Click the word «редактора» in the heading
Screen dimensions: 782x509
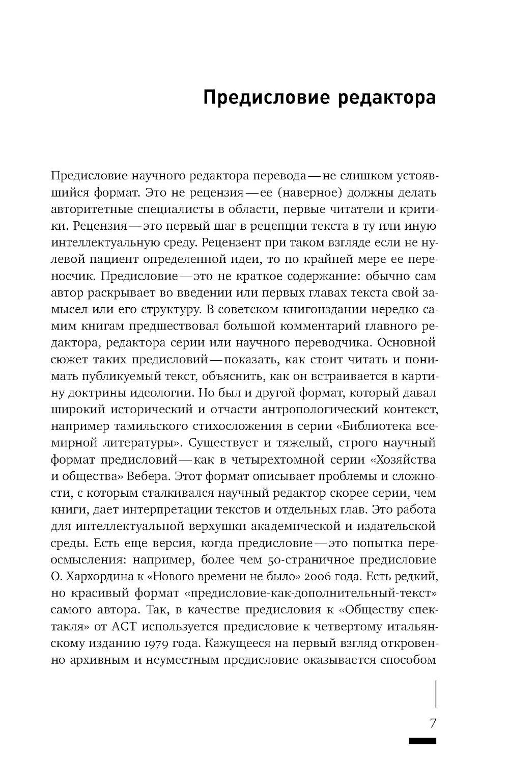(x=387, y=97)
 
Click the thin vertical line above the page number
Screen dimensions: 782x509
(x=436, y=694)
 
